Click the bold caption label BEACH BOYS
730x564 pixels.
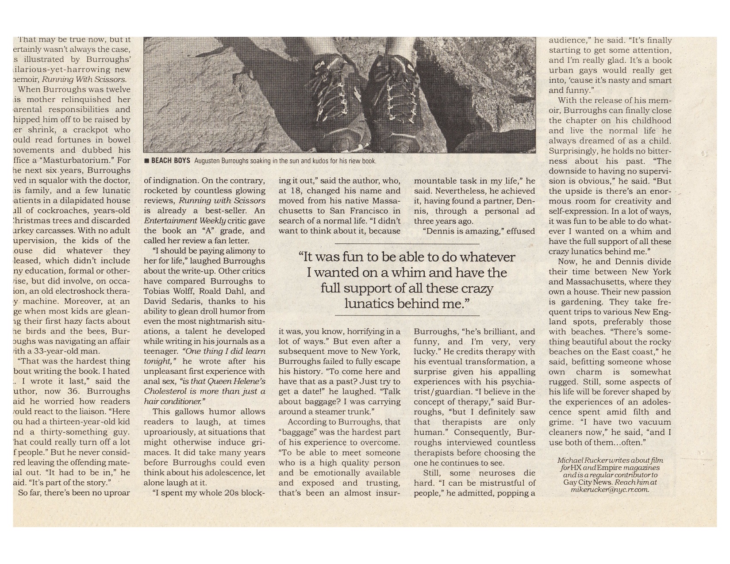pos(170,161)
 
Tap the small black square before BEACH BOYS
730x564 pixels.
pos(146,161)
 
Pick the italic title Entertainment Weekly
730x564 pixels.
pos(185,221)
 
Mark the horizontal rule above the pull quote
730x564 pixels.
pos(407,244)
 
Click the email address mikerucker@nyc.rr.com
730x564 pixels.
pos(610,490)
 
